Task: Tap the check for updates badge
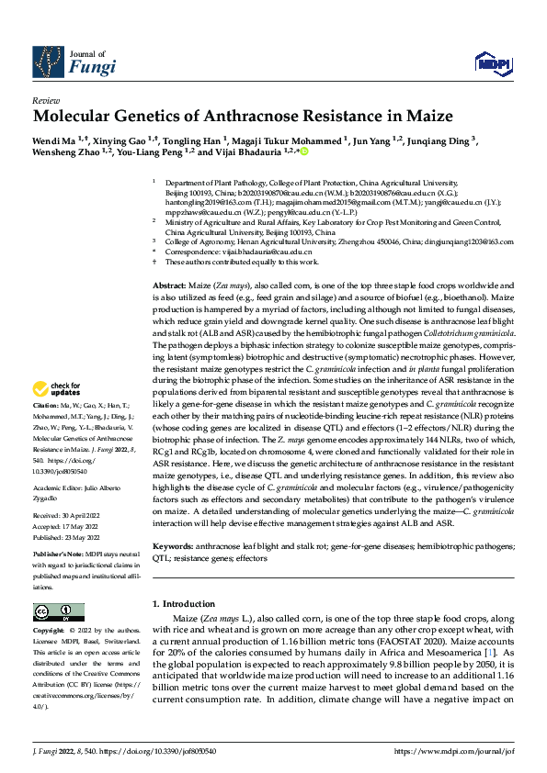coord(60,414)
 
